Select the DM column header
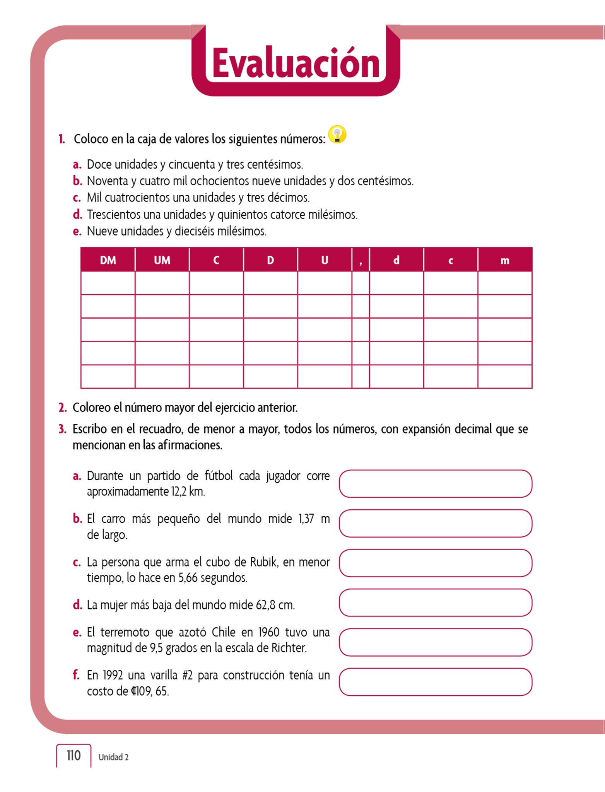tap(108, 260)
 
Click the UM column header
tap(162, 260)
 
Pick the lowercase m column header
tap(505, 260)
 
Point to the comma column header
tap(361, 260)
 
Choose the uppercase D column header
tap(270, 260)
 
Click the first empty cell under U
tap(325, 283)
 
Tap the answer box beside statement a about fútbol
tap(436, 484)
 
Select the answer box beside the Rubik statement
tap(436, 563)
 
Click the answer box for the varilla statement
tap(436, 682)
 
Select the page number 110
tap(73, 756)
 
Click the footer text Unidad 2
tap(113, 757)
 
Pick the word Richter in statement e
tap(289, 648)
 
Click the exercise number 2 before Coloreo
tap(62, 408)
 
